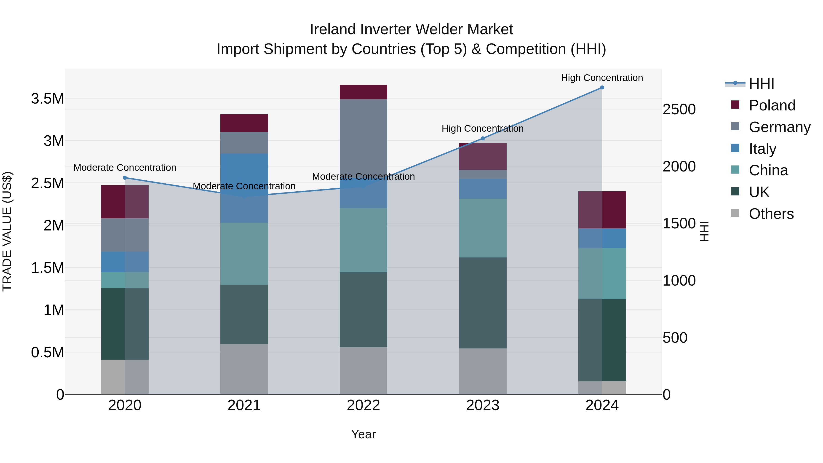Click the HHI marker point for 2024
pyautogui.click(x=602, y=88)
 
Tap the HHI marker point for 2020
pyautogui.click(x=125, y=178)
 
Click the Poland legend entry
pyautogui.click(x=772, y=105)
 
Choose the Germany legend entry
pyautogui.click(x=779, y=127)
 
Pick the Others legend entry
pyautogui.click(x=771, y=214)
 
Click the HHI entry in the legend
pyautogui.click(x=761, y=84)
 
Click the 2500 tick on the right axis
pyautogui.click(x=679, y=110)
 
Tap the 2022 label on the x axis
pyautogui.click(x=363, y=405)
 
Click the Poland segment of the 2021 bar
pyautogui.click(x=244, y=123)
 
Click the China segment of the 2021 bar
pyautogui.click(x=244, y=254)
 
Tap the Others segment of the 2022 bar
pyautogui.click(x=363, y=371)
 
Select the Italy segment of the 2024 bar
pyautogui.click(x=602, y=238)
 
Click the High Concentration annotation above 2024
pyautogui.click(x=602, y=78)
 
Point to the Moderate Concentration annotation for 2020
pyautogui.click(x=125, y=167)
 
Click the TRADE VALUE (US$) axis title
pyautogui.click(x=7, y=231)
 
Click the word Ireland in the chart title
pyautogui.click(x=332, y=29)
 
